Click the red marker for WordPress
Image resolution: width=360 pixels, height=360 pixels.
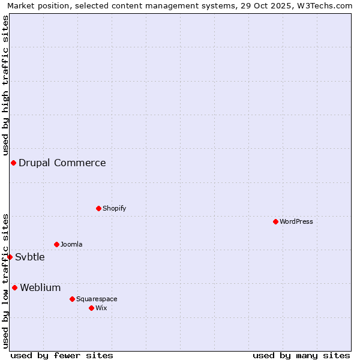275,221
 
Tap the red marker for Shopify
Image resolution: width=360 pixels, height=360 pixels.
99,208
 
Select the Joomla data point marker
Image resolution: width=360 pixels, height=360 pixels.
57,244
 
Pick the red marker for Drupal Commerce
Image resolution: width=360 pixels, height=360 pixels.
13,163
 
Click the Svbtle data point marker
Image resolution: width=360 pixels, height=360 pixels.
10,257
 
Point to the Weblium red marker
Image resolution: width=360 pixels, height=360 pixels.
14,287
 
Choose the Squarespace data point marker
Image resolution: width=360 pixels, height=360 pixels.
72,299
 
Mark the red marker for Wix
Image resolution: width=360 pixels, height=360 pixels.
91,308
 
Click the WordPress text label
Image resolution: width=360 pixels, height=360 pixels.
296,221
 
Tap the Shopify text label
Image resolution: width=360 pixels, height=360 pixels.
114,208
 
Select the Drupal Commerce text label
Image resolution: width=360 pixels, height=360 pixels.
62,163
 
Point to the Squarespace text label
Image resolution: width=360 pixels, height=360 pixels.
97,299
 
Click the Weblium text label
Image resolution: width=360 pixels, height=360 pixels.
40,287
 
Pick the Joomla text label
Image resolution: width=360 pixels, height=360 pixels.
71,244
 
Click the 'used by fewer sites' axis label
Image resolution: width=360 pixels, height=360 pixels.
62,355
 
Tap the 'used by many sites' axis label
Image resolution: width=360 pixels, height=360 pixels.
301,355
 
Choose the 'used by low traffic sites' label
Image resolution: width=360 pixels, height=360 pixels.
5,281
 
